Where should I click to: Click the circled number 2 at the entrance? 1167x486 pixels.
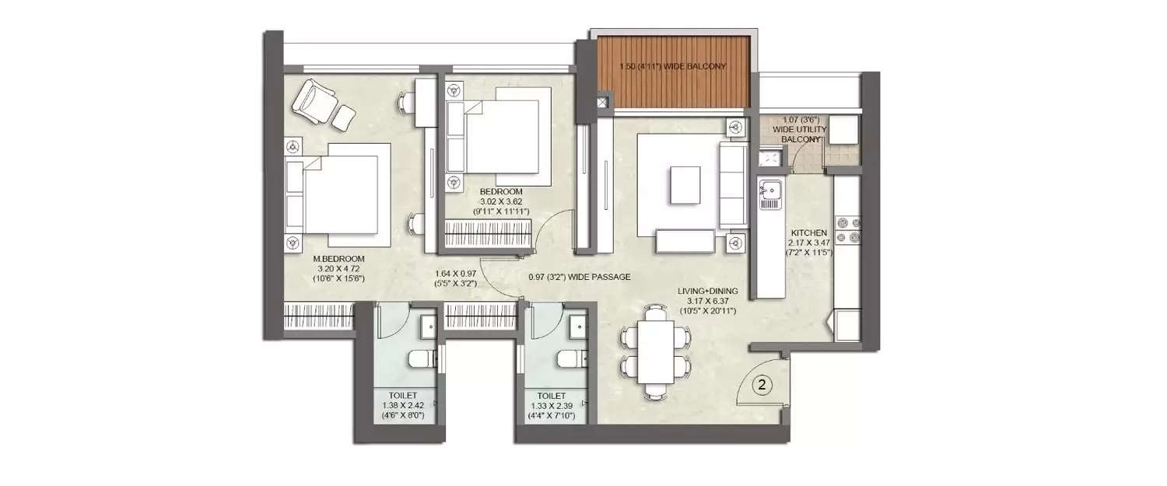click(763, 383)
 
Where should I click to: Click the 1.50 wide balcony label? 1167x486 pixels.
click(672, 67)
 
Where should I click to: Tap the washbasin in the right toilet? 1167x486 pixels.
click(577, 327)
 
